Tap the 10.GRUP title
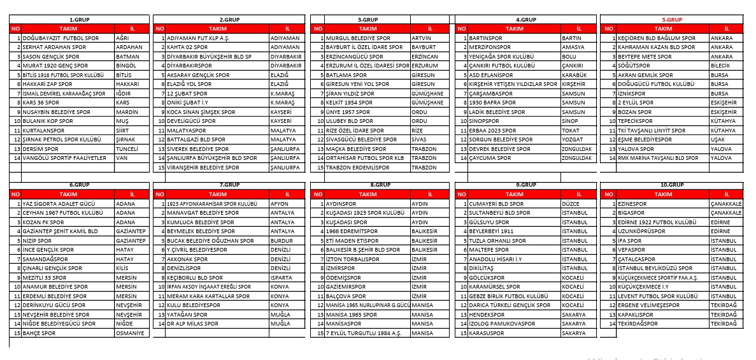point(672,185)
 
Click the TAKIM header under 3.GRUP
point(367,29)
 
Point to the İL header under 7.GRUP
point(287,194)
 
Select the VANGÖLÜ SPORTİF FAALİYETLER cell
point(64,158)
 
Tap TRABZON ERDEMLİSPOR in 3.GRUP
point(357,168)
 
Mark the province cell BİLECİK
point(722,66)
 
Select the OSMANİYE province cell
point(131,333)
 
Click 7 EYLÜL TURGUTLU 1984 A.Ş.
point(363,333)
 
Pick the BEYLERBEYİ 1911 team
point(491,231)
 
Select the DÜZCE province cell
point(571,204)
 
